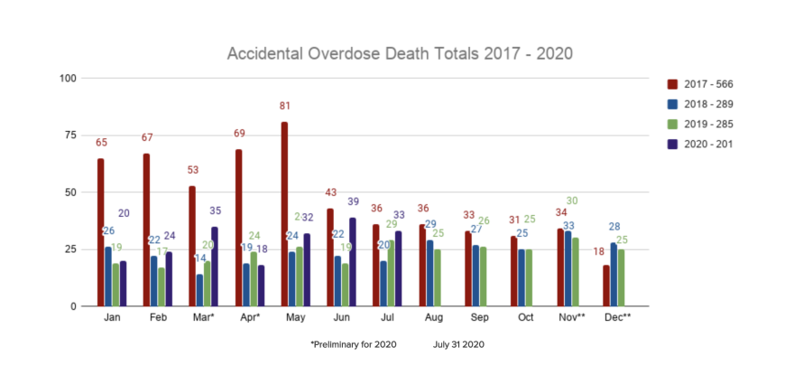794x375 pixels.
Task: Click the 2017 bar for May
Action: pyautogui.click(x=284, y=214)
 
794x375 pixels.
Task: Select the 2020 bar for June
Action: pyautogui.click(x=352, y=262)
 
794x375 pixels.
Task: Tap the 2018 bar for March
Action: pyautogui.click(x=198, y=290)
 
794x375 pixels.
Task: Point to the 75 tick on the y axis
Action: pyautogui.click(x=68, y=135)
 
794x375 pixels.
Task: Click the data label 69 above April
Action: pyautogui.click(x=240, y=134)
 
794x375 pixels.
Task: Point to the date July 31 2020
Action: pyautogui.click(x=458, y=344)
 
